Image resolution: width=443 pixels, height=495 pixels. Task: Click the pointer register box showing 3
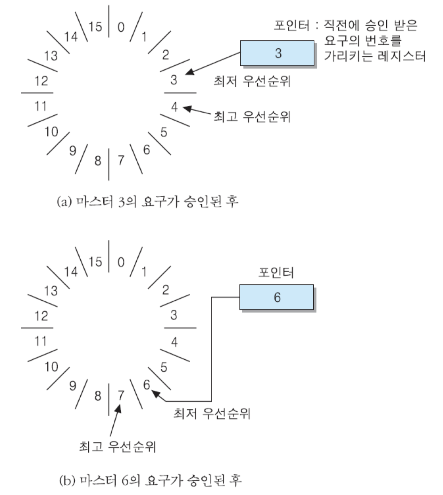click(x=277, y=53)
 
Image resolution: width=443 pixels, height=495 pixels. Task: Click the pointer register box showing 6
click(x=276, y=297)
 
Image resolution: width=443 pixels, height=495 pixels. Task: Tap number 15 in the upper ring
click(x=95, y=26)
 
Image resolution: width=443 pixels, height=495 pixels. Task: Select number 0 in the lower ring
click(x=121, y=262)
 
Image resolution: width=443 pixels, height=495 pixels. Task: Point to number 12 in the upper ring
click(x=41, y=81)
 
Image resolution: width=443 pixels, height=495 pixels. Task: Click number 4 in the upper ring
click(x=174, y=107)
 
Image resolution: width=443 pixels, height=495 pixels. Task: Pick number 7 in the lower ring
click(x=121, y=395)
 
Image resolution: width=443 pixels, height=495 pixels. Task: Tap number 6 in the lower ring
click(x=147, y=385)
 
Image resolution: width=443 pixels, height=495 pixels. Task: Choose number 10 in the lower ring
click(x=51, y=367)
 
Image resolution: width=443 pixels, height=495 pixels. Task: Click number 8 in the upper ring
click(x=98, y=161)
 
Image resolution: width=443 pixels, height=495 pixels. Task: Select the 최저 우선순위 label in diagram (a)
click(x=252, y=81)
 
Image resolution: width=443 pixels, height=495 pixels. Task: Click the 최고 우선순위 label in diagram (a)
click(x=252, y=117)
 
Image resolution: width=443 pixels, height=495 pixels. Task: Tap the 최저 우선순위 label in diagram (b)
click(x=212, y=414)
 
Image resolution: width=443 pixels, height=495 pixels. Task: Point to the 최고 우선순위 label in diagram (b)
click(x=117, y=447)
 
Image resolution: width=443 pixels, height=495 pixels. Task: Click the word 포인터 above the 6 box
click(x=276, y=272)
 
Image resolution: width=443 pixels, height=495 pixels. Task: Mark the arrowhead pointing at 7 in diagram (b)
click(x=119, y=407)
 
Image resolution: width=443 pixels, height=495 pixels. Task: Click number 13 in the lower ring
click(x=51, y=291)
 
